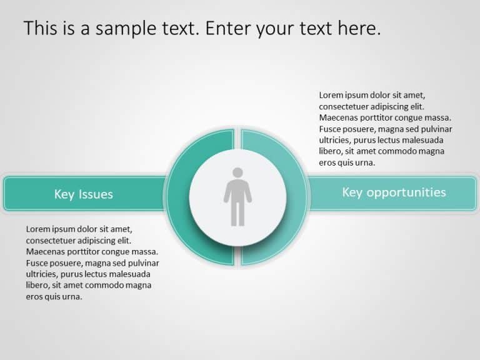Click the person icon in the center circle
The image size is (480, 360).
[x=237, y=196]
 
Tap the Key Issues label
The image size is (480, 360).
[x=83, y=194]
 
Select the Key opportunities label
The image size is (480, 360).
[x=394, y=192]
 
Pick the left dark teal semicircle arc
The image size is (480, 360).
[x=179, y=197]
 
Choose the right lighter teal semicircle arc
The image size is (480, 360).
[x=296, y=197]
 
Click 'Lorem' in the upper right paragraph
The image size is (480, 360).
[x=331, y=96]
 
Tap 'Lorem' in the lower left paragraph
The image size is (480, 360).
[x=38, y=229]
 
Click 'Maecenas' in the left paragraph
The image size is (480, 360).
[x=46, y=252]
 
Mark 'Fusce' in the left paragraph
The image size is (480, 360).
[x=37, y=263]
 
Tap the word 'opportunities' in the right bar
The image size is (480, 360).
[x=407, y=192]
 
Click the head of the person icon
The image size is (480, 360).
[x=237, y=172]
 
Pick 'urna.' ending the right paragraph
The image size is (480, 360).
[x=366, y=163]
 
